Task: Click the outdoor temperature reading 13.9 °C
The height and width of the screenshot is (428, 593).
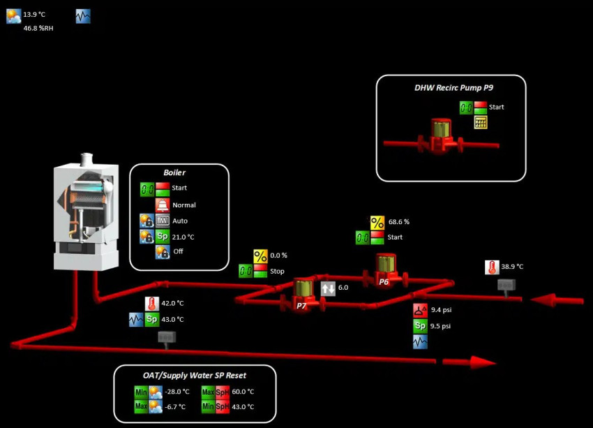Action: click(34, 14)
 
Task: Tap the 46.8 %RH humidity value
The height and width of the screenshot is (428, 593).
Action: click(38, 29)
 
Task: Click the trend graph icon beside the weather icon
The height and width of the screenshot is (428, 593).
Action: click(83, 16)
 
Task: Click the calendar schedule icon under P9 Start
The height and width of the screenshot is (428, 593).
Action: click(480, 122)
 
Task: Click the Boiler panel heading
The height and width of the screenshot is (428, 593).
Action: click(174, 172)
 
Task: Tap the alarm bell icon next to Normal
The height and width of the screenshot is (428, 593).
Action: click(163, 205)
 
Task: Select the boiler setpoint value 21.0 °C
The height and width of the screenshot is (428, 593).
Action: click(183, 237)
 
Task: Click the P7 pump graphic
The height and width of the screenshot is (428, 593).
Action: click(301, 293)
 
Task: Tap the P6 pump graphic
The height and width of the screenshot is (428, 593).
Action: click(384, 270)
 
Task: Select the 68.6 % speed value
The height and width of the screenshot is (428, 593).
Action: click(399, 221)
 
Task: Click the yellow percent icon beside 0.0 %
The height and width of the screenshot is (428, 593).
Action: click(260, 256)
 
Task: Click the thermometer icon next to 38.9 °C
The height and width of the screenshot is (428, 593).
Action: click(492, 267)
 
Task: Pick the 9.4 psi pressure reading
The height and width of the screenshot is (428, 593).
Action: click(441, 310)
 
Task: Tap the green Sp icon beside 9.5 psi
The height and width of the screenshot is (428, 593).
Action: click(419, 326)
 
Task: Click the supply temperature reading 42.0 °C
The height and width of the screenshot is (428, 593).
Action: click(172, 303)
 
